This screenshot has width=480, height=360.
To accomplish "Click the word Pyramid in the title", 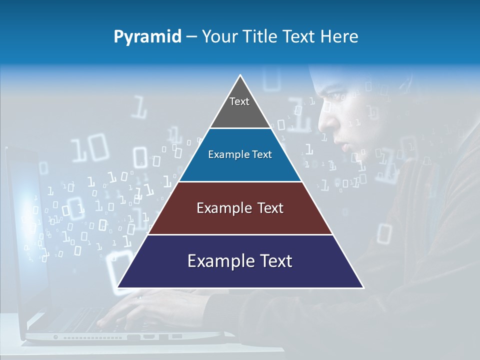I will (147, 37).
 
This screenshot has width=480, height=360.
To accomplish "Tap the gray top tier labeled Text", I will (239, 107).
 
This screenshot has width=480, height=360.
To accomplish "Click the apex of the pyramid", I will (240, 76).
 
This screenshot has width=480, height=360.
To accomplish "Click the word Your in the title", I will (218, 37).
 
